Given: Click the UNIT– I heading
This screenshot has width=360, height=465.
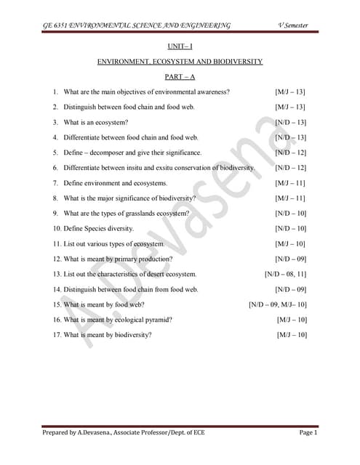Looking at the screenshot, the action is click(x=180, y=47).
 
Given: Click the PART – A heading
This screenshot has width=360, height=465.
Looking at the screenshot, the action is click(x=180, y=76).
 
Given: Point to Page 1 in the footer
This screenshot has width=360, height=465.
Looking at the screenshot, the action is click(x=308, y=433).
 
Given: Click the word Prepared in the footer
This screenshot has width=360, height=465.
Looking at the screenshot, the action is click(x=59, y=433).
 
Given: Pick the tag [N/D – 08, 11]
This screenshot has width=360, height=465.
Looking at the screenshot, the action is click(x=285, y=274).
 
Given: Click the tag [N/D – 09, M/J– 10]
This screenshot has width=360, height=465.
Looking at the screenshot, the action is click(x=277, y=304).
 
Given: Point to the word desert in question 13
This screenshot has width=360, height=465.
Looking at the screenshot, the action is click(x=164, y=274).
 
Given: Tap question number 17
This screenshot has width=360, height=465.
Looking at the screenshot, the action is click(x=57, y=335).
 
